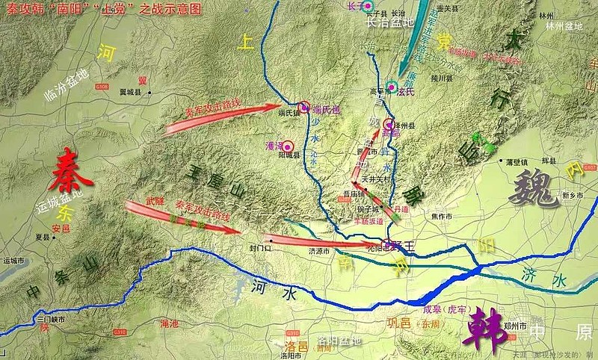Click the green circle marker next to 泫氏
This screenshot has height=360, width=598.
(390, 86)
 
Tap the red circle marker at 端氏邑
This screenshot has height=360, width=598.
(303, 107)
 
